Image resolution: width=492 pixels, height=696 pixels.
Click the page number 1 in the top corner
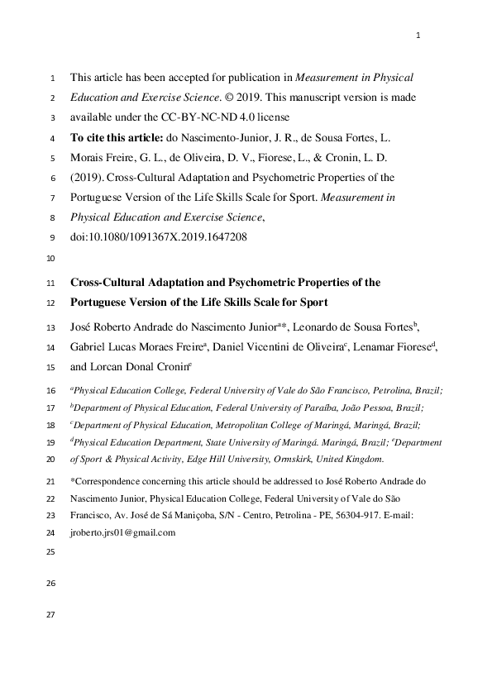[x=418, y=35]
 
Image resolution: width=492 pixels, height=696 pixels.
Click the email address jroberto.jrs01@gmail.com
[x=123, y=532]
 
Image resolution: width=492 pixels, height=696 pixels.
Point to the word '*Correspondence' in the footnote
[x=104, y=480]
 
